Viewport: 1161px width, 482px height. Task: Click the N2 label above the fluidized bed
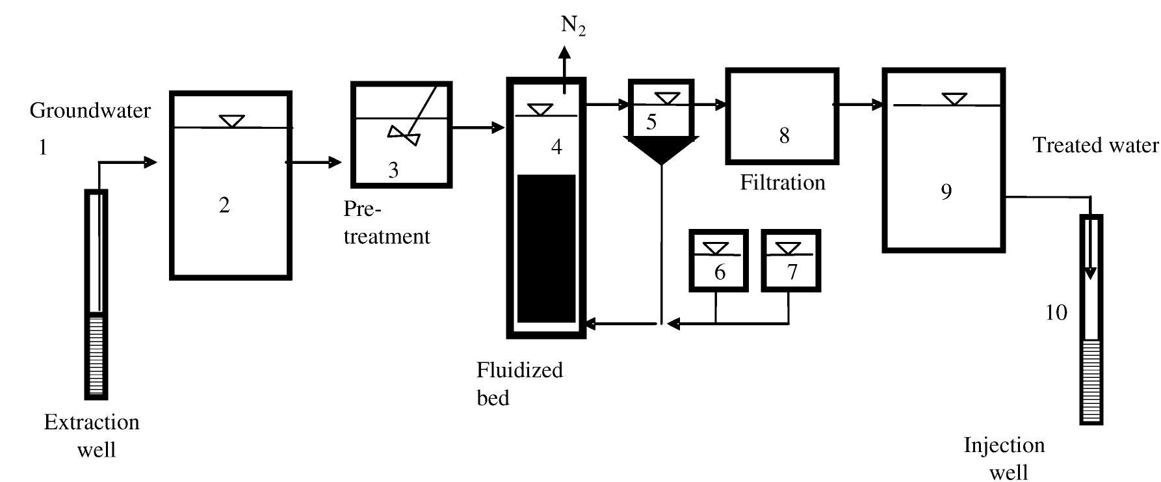coord(573,26)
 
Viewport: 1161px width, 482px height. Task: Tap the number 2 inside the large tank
coord(224,206)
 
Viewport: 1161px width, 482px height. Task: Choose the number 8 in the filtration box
coord(784,135)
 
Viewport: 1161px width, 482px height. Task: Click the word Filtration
coord(783,183)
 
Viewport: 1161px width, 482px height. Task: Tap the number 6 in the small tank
coord(720,272)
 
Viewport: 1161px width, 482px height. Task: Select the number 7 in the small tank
coord(792,272)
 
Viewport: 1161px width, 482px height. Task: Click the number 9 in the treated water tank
coord(946,191)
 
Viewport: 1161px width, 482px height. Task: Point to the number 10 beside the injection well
coord(1056,313)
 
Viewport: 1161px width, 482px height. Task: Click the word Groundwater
coord(90,111)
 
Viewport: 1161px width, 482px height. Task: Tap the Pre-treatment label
coord(386,222)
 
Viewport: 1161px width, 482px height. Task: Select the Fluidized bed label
coord(519,383)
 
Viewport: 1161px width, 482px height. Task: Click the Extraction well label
coord(92,435)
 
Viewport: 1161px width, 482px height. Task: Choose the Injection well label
coord(1004,458)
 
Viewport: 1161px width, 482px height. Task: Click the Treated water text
coord(1095,145)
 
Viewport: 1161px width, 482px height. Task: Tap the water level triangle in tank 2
coord(231,121)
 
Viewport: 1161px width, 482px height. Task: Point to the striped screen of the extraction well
coord(96,355)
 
